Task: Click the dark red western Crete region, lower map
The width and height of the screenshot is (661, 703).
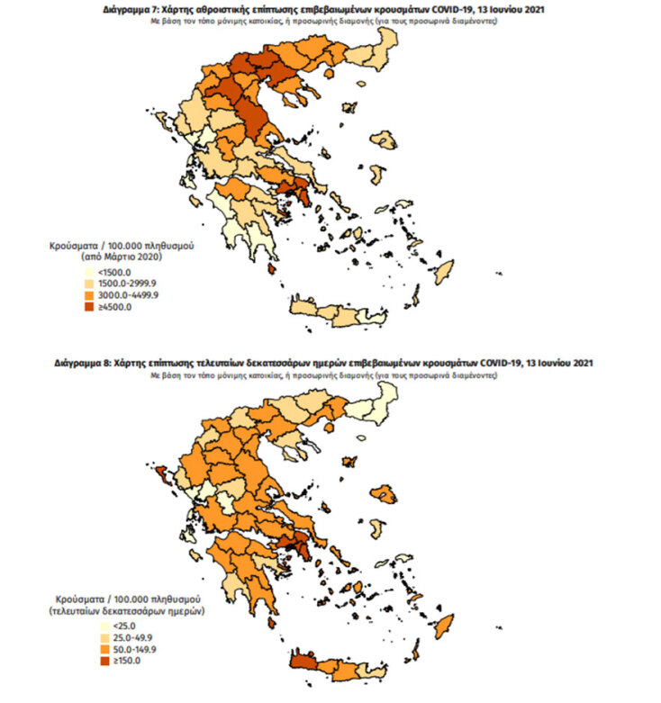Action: pos(309,664)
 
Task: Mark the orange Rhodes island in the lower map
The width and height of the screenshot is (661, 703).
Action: pos(444,625)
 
